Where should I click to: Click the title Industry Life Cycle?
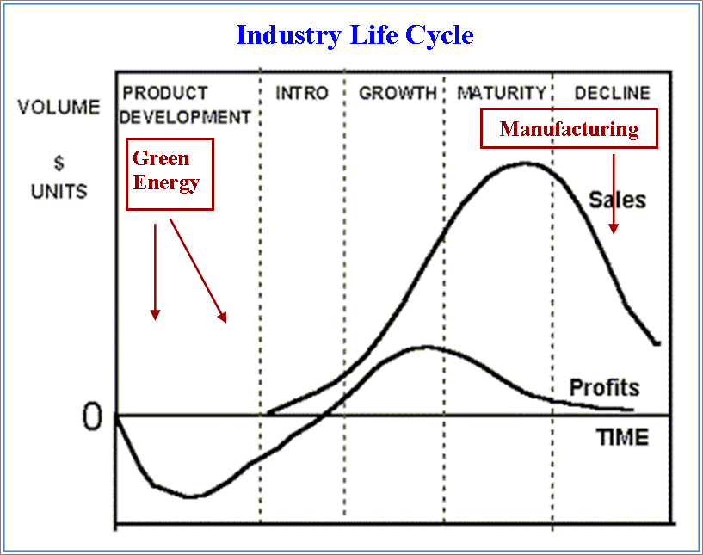[355, 35]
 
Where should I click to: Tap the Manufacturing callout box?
[569, 129]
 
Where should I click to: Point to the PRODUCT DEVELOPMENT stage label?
[186, 104]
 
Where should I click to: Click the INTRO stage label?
[302, 93]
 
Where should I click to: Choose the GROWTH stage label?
[398, 93]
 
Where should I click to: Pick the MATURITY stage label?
[502, 93]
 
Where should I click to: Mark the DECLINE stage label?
[612, 93]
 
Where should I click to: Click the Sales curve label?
[617, 200]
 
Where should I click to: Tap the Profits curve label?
[605, 387]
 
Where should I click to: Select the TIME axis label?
[622, 437]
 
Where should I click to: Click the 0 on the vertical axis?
[91, 417]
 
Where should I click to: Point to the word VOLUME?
[59, 108]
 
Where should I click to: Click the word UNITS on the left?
[59, 191]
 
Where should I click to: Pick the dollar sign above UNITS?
[59, 163]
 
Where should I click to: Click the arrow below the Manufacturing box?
[614, 194]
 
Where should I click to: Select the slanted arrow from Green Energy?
[198, 271]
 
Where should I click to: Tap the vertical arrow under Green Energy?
[155, 272]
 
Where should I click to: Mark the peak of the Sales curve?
[525, 163]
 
